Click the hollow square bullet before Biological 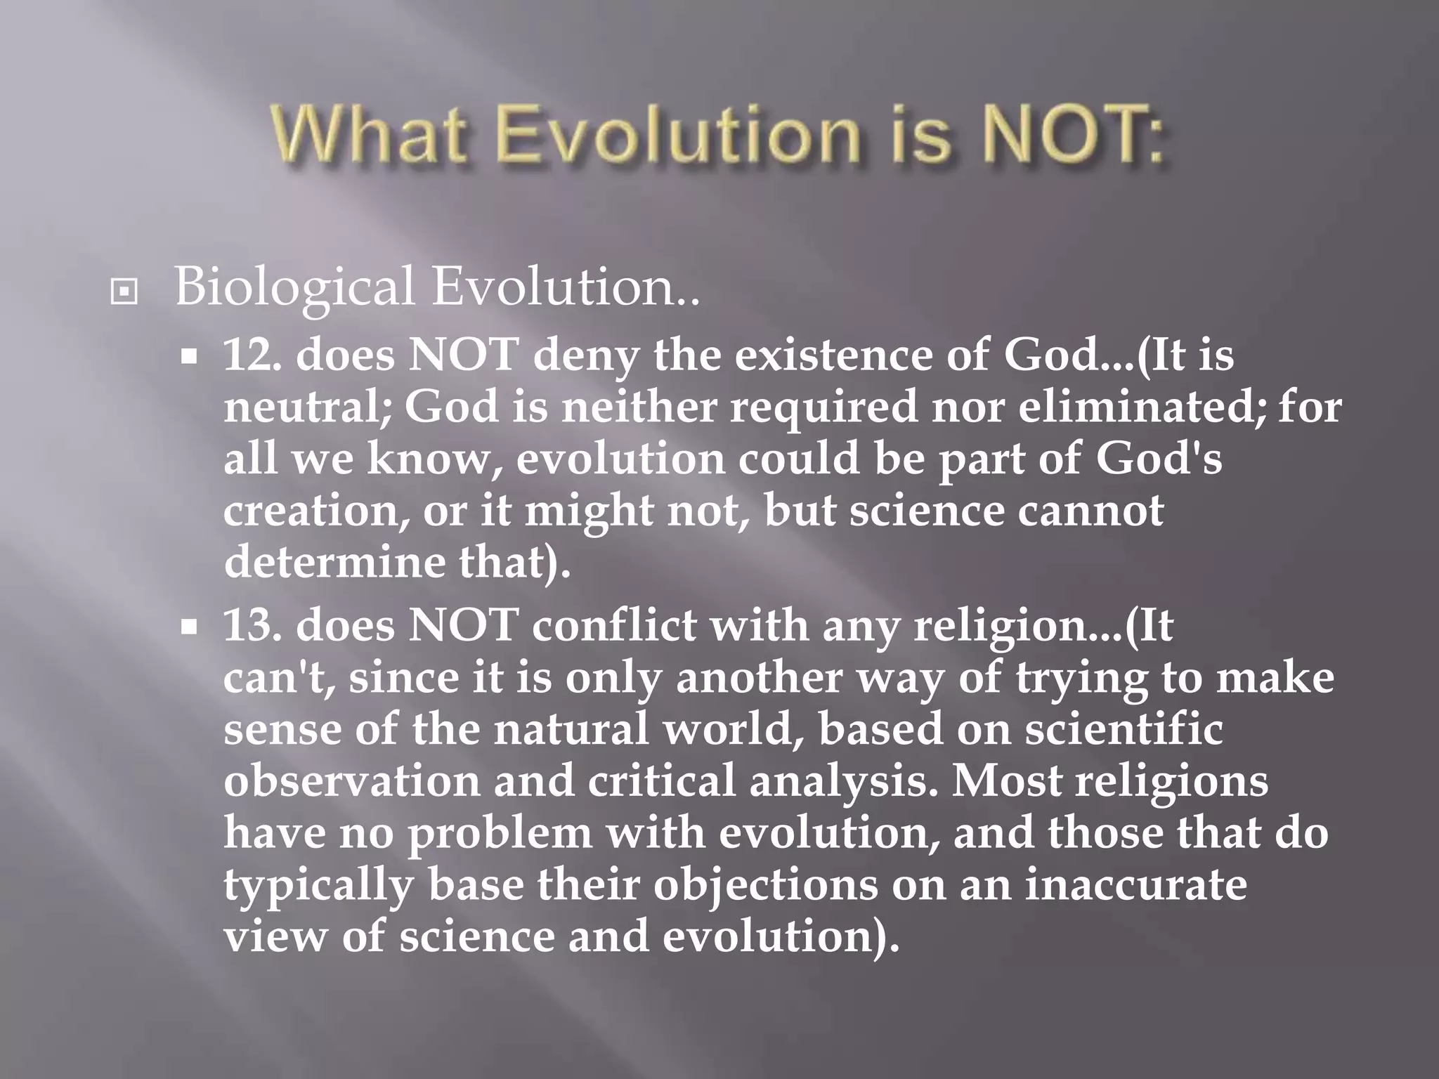[124, 292]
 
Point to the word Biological [294, 288]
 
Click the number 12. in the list [252, 355]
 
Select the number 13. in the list [252, 625]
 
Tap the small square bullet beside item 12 [188, 358]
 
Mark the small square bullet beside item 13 [188, 627]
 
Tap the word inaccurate [1135, 884]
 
